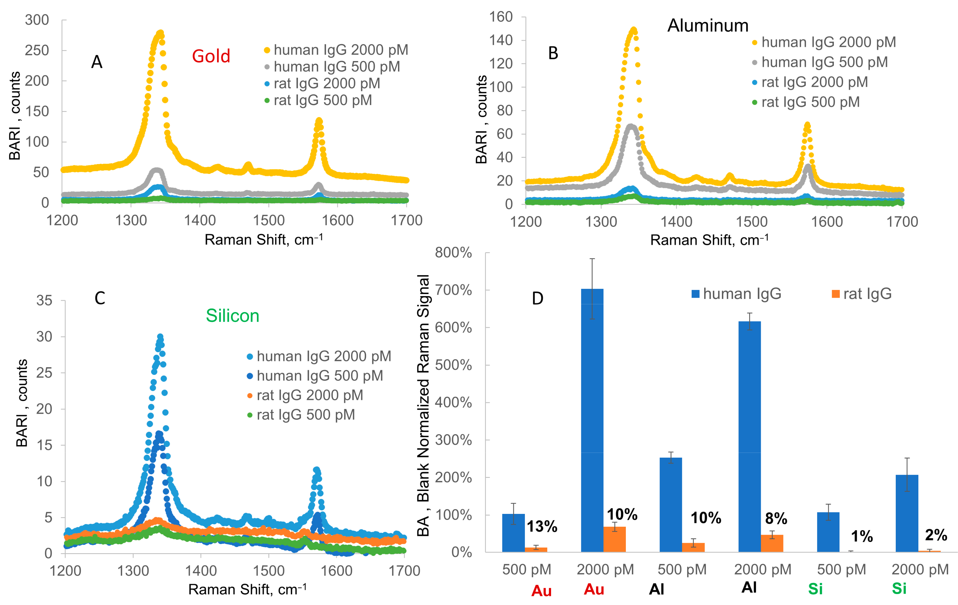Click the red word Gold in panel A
pyautogui.click(x=211, y=56)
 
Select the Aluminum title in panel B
pyautogui.click(x=708, y=26)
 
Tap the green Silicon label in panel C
pyautogui.click(x=232, y=316)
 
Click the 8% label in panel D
pyautogui.click(x=776, y=519)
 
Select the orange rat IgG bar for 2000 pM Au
pyautogui.click(x=615, y=539)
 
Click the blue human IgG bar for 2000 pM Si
pyautogui.click(x=907, y=514)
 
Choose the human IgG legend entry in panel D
pyautogui.click(x=736, y=294)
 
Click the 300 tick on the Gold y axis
pyautogui.click(x=37, y=20)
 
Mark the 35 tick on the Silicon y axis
pyautogui.click(x=44, y=301)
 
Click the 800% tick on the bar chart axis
pyautogui.click(x=454, y=252)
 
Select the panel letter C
pyautogui.click(x=100, y=298)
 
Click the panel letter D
pyautogui.click(x=537, y=298)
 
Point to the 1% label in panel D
pyautogui.click(x=862, y=537)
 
